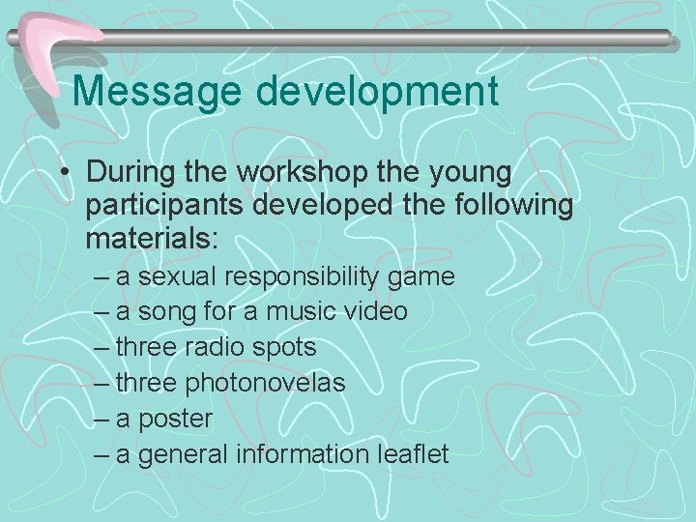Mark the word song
pyautogui.click(x=165, y=312)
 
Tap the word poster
pyautogui.click(x=175, y=419)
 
